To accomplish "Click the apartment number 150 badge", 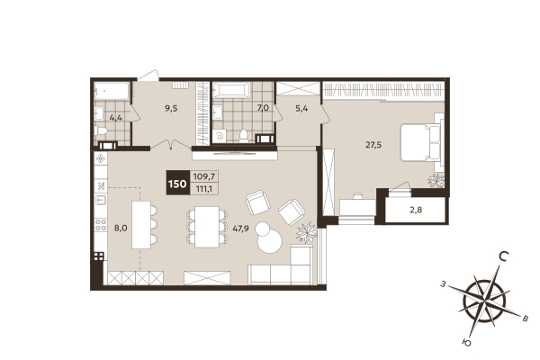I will coord(176,184).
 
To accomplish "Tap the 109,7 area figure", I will coord(204,178).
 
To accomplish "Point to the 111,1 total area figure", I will coord(204,190).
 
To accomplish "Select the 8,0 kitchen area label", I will coord(120,229).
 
